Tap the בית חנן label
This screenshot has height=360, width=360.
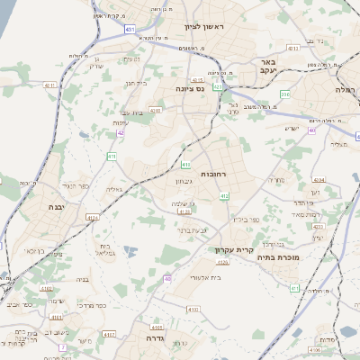(135, 83)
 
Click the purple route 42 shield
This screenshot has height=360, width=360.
(121, 132)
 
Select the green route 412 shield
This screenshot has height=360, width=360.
(224, 195)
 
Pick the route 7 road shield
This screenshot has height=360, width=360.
(63, 346)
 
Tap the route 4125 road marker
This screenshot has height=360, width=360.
(223, 262)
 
